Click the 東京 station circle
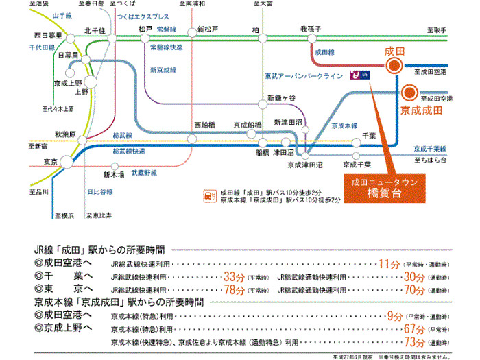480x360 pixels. coord(67,162)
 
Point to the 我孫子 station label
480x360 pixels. coord(311,29)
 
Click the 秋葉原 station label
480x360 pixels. coord(69,134)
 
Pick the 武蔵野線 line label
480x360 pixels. coord(145,173)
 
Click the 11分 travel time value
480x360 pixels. coord(389,263)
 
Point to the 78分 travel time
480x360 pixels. coord(235,289)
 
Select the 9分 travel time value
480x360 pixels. coord(394,315)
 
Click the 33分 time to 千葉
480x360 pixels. coord(235,276)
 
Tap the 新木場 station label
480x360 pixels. coord(114,174)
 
